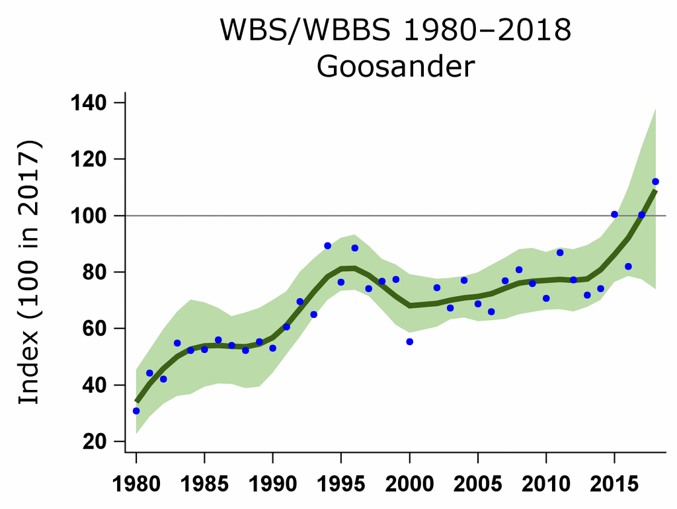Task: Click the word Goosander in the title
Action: [395, 67]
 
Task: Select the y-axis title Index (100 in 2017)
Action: [28, 272]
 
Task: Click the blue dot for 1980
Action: [136, 411]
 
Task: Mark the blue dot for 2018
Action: [655, 181]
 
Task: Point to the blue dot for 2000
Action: [410, 342]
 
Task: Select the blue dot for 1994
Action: [327, 246]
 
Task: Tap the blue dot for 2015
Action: [614, 214]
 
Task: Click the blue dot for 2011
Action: [560, 253]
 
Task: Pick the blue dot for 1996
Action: [355, 248]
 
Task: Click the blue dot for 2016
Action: [628, 266]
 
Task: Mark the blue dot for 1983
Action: [177, 343]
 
